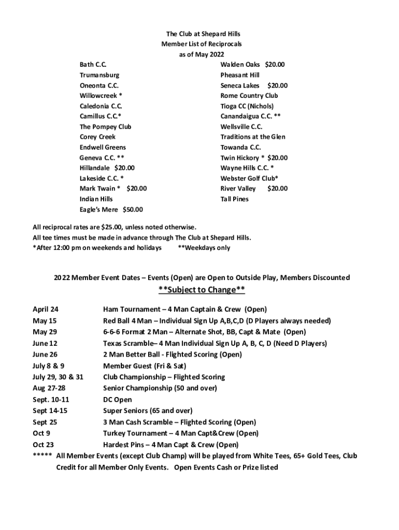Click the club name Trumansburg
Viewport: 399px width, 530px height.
[x=99, y=75]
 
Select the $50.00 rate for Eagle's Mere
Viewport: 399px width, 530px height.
[x=133, y=210]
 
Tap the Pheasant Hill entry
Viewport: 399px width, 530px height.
[x=240, y=75]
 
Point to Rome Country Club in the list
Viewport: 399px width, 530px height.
[x=249, y=96]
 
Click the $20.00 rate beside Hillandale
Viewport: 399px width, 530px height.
[x=124, y=168]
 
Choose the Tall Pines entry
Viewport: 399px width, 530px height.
[x=234, y=199]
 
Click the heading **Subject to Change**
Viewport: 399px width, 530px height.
[x=202, y=289]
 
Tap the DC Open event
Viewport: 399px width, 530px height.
[x=118, y=400]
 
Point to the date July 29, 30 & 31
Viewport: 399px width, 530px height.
[x=58, y=377]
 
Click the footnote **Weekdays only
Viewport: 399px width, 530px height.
[x=204, y=248]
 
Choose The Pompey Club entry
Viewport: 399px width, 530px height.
[x=105, y=127]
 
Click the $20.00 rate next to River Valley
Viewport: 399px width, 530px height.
[x=277, y=189]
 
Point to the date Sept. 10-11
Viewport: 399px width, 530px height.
[x=50, y=400]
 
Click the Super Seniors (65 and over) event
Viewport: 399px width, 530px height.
[x=148, y=411]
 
